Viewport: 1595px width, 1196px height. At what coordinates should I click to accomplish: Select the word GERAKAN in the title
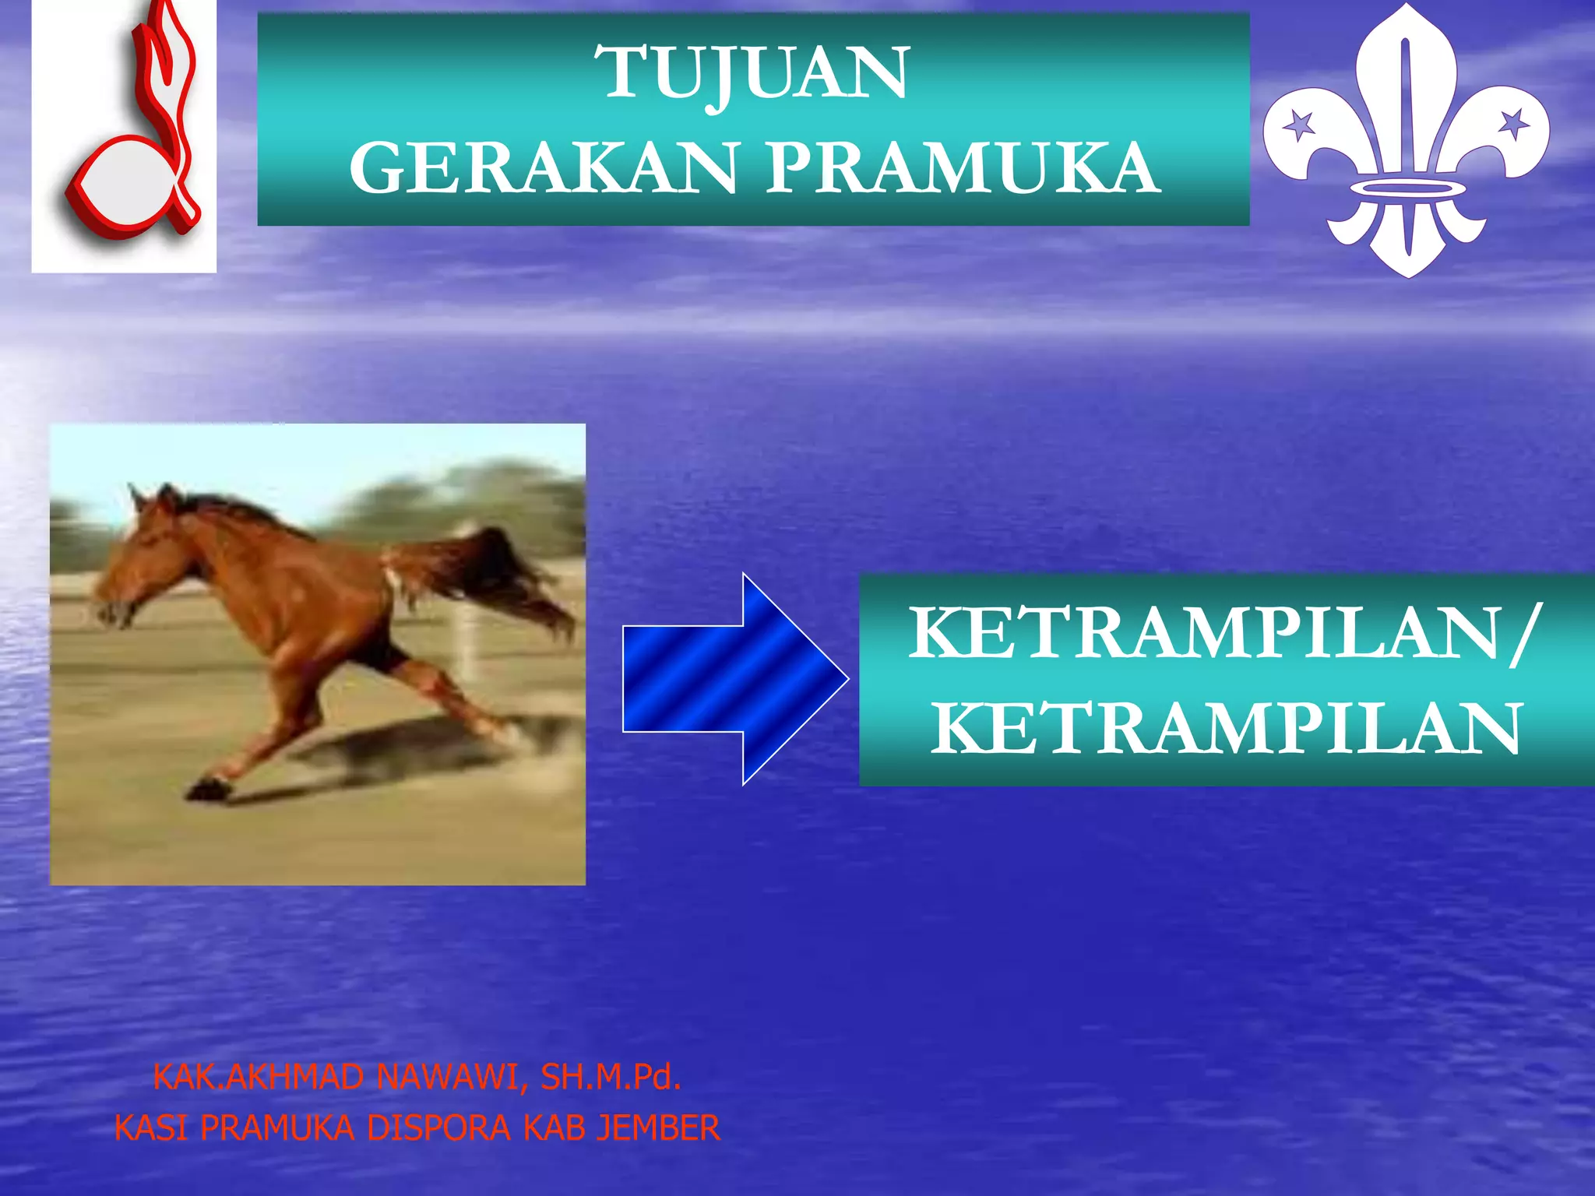(543, 168)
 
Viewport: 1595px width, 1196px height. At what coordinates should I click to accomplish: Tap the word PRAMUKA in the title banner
(963, 168)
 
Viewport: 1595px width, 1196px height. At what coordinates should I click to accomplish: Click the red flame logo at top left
(129, 132)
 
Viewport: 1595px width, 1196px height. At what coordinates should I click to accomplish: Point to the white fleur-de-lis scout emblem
(1407, 140)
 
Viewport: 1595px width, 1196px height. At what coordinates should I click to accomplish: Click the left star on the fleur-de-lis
(1298, 125)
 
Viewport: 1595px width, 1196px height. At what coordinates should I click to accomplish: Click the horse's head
(140, 561)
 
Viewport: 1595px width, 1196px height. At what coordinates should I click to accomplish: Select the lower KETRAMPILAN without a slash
(1226, 729)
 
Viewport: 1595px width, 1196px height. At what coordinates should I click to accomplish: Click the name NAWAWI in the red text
(447, 1078)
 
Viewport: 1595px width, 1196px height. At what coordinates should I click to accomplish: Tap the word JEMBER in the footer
(658, 1128)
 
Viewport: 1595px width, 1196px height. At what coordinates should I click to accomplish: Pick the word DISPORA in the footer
(438, 1128)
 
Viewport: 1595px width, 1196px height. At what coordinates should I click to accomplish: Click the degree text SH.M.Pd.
(611, 1078)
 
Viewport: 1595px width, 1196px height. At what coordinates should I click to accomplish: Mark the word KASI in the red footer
(151, 1128)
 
